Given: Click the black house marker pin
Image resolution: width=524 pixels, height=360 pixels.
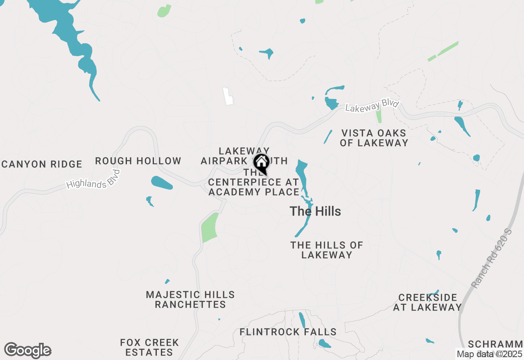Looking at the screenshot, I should (x=261, y=164).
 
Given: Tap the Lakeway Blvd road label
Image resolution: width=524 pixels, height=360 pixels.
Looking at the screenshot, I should (x=372, y=106).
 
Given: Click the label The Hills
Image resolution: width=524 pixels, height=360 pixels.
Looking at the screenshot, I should (x=315, y=211).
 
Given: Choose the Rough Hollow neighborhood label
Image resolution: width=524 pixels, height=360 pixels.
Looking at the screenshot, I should (x=138, y=161).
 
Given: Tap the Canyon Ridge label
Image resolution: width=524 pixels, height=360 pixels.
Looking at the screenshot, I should (x=42, y=164).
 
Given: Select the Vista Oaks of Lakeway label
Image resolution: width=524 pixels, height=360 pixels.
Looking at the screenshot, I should (x=375, y=138).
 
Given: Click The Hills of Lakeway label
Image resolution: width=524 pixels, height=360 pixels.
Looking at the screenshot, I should (x=327, y=250).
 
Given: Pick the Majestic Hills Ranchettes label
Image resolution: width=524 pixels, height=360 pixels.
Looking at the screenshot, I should (x=190, y=299).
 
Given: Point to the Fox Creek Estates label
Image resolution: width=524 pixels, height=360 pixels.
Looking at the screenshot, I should (x=149, y=347).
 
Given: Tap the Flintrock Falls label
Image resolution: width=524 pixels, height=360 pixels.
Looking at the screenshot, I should (x=288, y=332).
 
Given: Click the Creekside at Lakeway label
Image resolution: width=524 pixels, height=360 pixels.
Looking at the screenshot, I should (x=427, y=302).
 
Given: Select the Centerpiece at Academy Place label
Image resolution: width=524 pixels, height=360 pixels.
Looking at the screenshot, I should (x=254, y=187).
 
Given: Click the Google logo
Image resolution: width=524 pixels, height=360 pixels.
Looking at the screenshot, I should (x=28, y=351).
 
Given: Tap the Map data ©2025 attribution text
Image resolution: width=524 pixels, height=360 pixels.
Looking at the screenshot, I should (x=489, y=354).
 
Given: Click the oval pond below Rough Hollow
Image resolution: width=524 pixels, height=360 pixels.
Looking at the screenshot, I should (x=162, y=183).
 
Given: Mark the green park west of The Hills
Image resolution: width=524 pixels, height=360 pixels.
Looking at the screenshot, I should (x=210, y=227).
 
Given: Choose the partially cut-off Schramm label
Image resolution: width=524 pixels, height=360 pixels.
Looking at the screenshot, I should (x=496, y=344).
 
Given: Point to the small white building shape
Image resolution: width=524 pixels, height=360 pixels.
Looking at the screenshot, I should (x=228, y=96).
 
